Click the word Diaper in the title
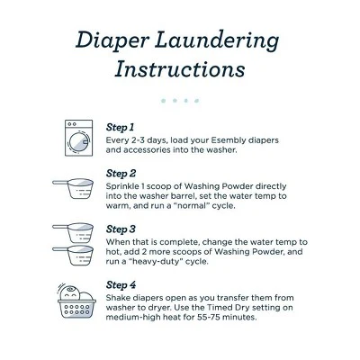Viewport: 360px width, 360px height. coord(112,41)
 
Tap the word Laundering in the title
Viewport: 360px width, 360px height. coord(217,41)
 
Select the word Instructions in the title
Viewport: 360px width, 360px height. coord(180,69)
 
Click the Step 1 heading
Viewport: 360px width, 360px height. coord(120,128)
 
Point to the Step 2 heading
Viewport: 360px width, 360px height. coord(121,174)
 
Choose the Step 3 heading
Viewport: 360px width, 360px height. coord(121,229)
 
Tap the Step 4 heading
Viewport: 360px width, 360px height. coord(121,285)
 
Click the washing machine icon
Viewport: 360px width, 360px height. coord(78,138)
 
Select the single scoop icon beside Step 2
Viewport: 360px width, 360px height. coord(73,188)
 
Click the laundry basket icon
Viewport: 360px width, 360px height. coord(76,301)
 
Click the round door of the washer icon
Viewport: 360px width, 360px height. coord(79,141)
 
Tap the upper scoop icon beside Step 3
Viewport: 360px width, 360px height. coord(73,233)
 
